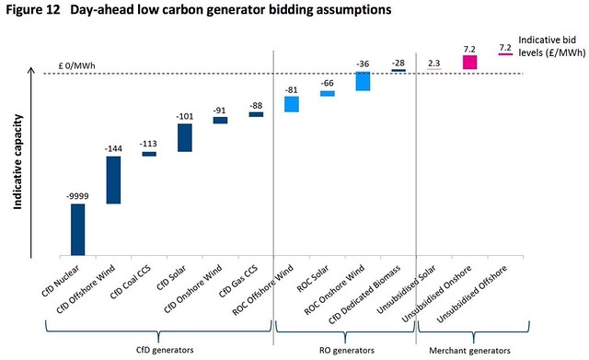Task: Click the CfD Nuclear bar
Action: [77, 229]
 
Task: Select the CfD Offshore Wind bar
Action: [113, 180]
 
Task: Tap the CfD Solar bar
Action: [185, 137]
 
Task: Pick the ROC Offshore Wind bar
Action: [292, 104]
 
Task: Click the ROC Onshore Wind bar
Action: [363, 81]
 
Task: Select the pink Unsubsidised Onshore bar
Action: [469, 63]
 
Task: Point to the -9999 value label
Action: [77, 196]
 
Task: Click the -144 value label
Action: [113, 149]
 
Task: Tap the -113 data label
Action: [148, 144]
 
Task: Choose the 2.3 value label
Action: [433, 64]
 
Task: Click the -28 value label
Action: [398, 63]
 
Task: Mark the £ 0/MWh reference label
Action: [77, 65]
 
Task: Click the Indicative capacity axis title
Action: [18, 162]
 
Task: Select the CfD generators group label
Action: [165, 350]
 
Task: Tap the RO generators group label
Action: [347, 351]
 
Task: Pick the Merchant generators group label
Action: [469, 351]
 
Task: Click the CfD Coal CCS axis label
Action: [131, 283]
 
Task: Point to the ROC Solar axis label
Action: [313, 278]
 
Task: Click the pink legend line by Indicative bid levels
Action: [505, 54]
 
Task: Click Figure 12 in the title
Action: [33, 9]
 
